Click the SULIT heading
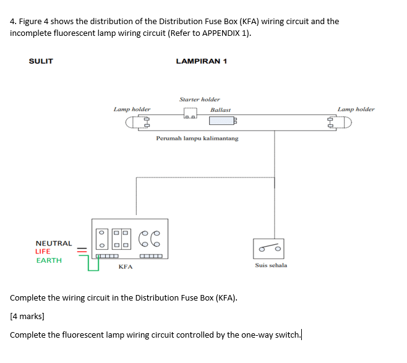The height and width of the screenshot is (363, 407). coord(41,61)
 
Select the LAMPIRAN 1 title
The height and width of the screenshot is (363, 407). coord(201,61)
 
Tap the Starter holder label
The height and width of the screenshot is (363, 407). coord(199,99)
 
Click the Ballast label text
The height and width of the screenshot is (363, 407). coord(220,109)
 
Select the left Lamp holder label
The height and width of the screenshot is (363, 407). coord(132,109)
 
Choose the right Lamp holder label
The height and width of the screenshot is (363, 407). coord(356,109)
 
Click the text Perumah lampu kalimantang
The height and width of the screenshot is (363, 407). coord(197,139)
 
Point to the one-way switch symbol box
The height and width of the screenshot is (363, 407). coord(268,249)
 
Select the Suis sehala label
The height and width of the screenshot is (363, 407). coord(271,265)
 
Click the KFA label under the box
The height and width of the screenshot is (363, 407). coord(126,267)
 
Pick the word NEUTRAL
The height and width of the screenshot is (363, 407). coord(54,244)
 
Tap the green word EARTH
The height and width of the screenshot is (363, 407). coord(49,260)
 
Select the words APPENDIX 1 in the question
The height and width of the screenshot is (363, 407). coord(224,33)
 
